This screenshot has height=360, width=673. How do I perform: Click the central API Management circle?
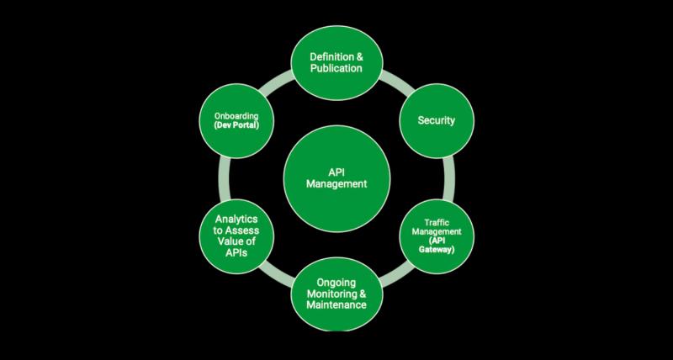coord(337,178)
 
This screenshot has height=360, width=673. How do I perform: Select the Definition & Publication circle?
coord(337,62)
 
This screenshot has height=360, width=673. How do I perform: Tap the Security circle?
coord(437,120)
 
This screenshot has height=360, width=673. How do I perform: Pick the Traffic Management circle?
coord(437,236)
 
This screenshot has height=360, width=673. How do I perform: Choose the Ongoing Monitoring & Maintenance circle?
coord(337,294)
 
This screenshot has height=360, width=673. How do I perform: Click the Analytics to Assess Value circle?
coord(236,236)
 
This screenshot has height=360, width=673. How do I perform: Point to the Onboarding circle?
coord(236,120)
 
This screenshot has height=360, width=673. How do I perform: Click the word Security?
coord(436,120)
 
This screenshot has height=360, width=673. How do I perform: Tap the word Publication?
coord(336,68)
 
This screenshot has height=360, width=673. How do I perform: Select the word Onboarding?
coord(237,116)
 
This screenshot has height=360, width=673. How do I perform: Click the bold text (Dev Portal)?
coord(237,124)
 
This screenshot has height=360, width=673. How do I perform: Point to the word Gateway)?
coord(437,249)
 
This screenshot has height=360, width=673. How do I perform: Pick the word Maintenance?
coord(336,305)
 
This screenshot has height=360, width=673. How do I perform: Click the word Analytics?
coord(236,220)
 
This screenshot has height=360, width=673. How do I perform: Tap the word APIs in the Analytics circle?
coord(236,252)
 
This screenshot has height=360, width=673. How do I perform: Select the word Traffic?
coord(437,223)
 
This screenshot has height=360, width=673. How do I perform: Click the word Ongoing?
coord(336,283)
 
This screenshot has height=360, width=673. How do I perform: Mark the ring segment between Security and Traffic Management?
coord(449,178)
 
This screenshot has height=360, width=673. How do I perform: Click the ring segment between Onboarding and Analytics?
coord(225,178)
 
